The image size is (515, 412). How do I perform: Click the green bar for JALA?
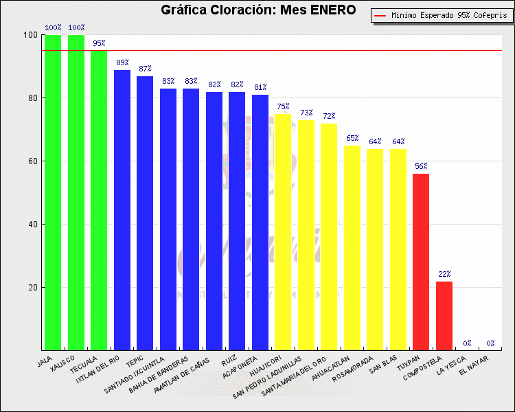53,192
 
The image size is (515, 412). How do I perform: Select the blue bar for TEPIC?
145,213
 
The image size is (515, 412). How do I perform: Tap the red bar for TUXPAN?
421,262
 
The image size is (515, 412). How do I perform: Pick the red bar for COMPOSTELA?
444,316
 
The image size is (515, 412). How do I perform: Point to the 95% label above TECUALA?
99,43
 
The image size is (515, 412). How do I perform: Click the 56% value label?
421,166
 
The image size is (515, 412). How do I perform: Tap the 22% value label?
444,274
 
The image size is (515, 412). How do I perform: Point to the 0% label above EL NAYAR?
490,343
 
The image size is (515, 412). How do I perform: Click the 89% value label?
122,62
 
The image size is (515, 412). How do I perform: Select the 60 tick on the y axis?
32,161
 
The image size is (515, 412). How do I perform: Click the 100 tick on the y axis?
30,35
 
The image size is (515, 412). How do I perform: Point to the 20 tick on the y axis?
32,288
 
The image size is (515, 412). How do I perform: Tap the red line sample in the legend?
380,15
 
